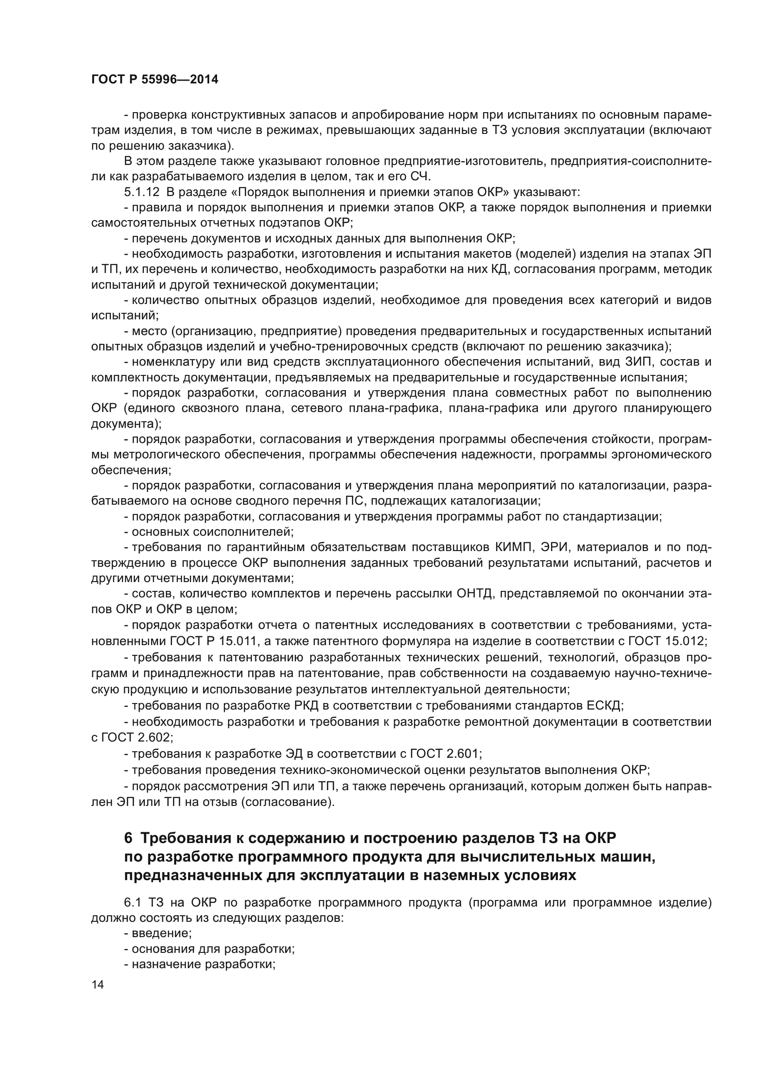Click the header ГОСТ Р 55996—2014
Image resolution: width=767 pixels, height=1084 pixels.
(154, 79)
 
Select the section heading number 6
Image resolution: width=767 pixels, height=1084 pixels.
(128, 838)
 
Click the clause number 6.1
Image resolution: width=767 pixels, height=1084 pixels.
(134, 903)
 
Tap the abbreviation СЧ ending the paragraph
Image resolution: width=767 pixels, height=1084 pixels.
(420, 177)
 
